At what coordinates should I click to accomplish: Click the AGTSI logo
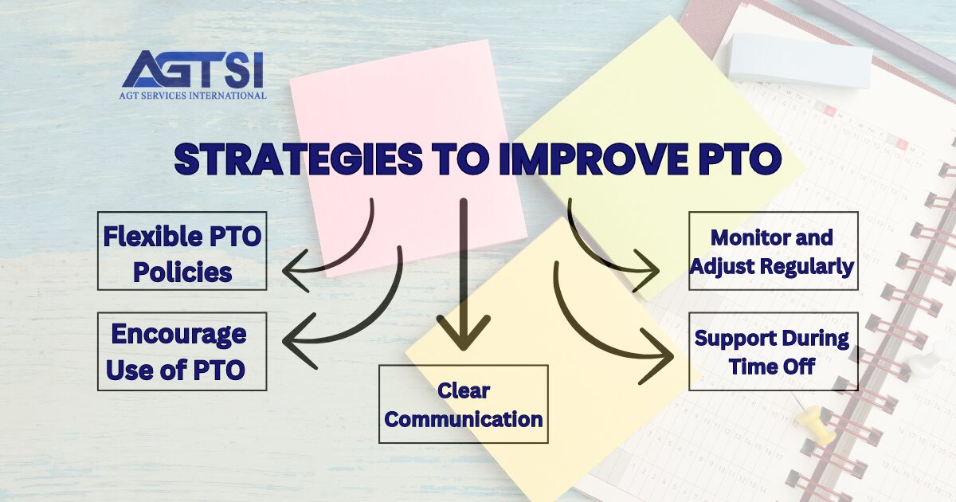pyautogui.click(x=194, y=72)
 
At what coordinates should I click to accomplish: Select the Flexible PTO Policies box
pyautogui.click(x=182, y=251)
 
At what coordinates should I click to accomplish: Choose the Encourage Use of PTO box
pyautogui.click(x=182, y=351)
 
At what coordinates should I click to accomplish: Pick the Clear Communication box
pyautogui.click(x=463, y=404)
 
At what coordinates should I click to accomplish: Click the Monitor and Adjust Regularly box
pyautogui.click(x=773, y=251)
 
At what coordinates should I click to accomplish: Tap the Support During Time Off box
pyautogui.click(x=773, y=351)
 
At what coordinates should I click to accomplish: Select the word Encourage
pyautogui.click(x=178, y=335)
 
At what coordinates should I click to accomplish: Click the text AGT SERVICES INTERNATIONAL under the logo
pyautogui.click(x=194, y=96)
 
